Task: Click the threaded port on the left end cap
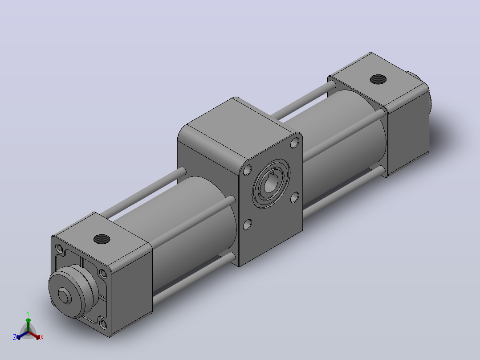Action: (x=102, y=239)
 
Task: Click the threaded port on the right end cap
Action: (x=378, y=79)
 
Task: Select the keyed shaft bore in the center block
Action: (x=271, y=183)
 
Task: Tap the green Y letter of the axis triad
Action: (x=28, y=313)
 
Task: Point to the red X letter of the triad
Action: (x=42, y=337)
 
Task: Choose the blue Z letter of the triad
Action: (x=15, y=337)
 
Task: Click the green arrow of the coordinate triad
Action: (x=28, y=324)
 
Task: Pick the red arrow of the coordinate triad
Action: (x=34, y=335)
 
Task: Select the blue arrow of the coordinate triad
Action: (x=22, y=335)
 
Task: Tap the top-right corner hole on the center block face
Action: (x=295, y=143)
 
